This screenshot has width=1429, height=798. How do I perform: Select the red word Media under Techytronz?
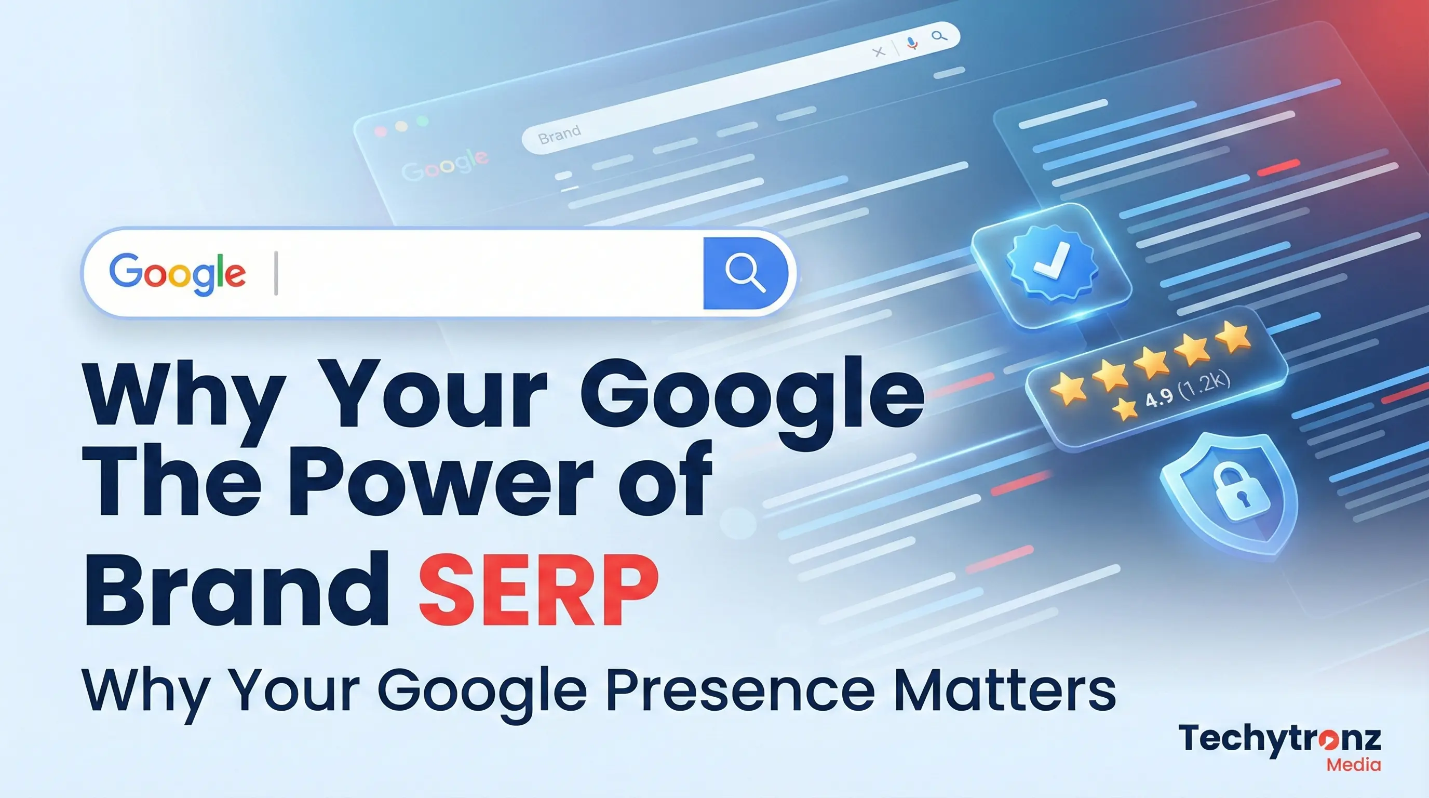tap(1353, 765)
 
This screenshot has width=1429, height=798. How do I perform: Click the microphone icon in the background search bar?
tap(911, 43)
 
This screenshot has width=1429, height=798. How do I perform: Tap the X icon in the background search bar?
tap(878, 52)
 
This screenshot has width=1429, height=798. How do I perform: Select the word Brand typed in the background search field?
tap(560, 134)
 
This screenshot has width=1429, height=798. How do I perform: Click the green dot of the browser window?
tap(423, 121)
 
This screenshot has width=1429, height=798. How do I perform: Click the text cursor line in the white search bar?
tap(276, 273)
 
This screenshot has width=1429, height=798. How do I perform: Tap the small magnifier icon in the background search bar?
tap(939, 36)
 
